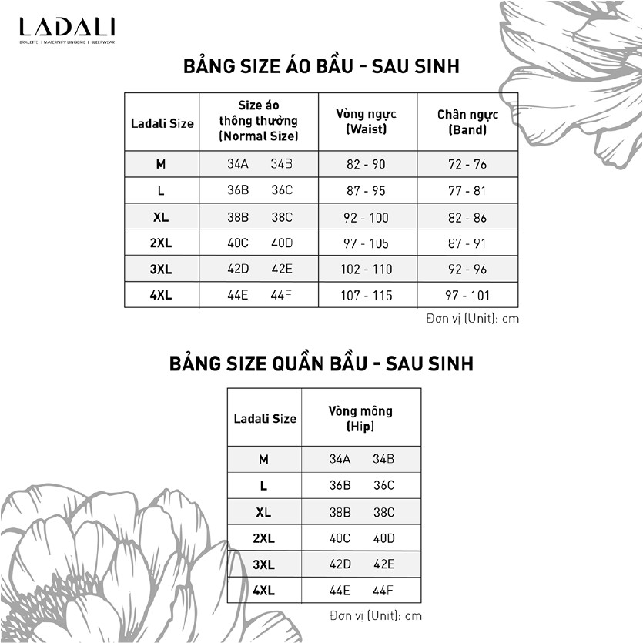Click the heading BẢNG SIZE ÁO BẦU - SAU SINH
tap(321, 66)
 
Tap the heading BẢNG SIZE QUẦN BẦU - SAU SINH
tap(321, 363)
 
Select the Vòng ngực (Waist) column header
tap(367, 122)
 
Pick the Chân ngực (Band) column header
tap(467, 122)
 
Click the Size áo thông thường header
tap(258, 121)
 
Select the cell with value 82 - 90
tap(367, 164)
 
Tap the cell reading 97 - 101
tap(467, 295)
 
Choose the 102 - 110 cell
tap(367, 269)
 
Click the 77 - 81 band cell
tap(467, 190)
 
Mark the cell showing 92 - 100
tap(367, 218)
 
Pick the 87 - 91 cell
tap(467, 243)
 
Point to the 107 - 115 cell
tap(367, 295)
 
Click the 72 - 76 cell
tap(467, 164)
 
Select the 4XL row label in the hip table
tap(263, 591)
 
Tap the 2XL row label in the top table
tap(161, 243)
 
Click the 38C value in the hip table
tap(383, 511)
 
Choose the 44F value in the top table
tap(282, 295)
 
